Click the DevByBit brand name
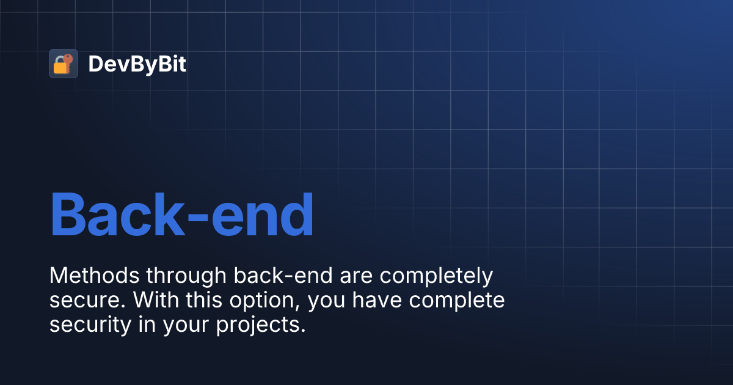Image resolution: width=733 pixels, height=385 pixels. coord(137,64)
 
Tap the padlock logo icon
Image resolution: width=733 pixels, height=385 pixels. coord(63,64)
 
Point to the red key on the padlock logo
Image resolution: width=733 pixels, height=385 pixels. coord(68,59)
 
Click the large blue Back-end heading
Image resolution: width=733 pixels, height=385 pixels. coord(181,215)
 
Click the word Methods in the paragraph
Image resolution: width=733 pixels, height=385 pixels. coord(94,276)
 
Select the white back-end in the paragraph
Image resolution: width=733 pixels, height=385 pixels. coord(283,276)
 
